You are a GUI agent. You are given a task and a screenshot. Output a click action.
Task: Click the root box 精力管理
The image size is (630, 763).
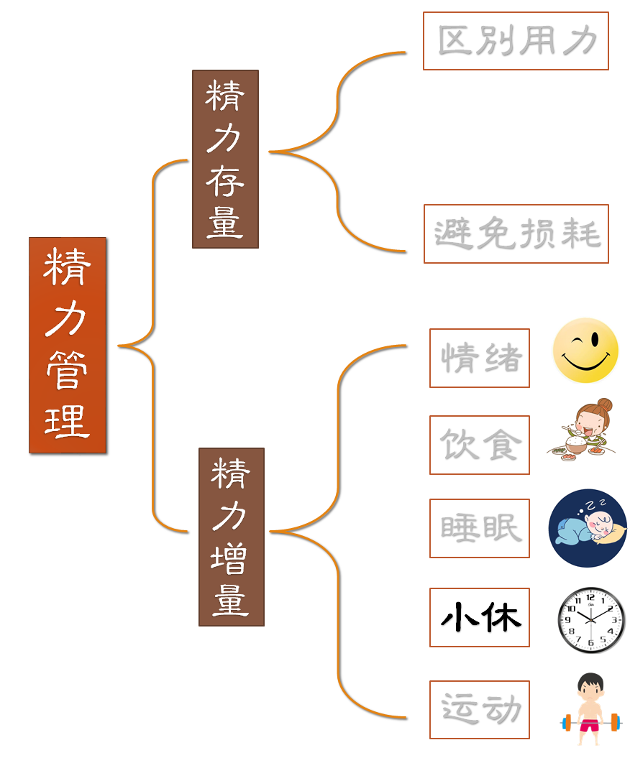[68, 345]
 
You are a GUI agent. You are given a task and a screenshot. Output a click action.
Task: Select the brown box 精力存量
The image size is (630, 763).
[225, 159]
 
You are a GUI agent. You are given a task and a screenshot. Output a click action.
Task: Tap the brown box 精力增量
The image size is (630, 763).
[231, 537]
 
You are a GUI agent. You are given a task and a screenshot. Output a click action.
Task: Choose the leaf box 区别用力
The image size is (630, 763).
[516, 41]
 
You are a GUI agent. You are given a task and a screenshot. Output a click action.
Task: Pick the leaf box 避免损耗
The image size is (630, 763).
[516, 233]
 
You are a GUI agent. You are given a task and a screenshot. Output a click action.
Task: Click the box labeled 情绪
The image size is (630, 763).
[479, 358]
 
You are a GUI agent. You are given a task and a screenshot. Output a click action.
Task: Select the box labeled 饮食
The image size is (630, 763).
[479, 445]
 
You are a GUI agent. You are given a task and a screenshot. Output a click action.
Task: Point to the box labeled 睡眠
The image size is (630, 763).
[479, 528]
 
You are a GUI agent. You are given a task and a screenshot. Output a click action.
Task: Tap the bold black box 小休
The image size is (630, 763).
[479, 617]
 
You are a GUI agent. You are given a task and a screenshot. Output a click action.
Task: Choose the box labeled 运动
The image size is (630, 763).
[479, 709]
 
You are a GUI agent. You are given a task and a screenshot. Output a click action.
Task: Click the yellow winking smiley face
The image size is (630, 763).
[585, 351]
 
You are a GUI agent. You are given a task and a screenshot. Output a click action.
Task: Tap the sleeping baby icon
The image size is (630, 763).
[587, 528]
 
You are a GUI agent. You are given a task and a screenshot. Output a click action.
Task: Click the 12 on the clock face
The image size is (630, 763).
[591, 597]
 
